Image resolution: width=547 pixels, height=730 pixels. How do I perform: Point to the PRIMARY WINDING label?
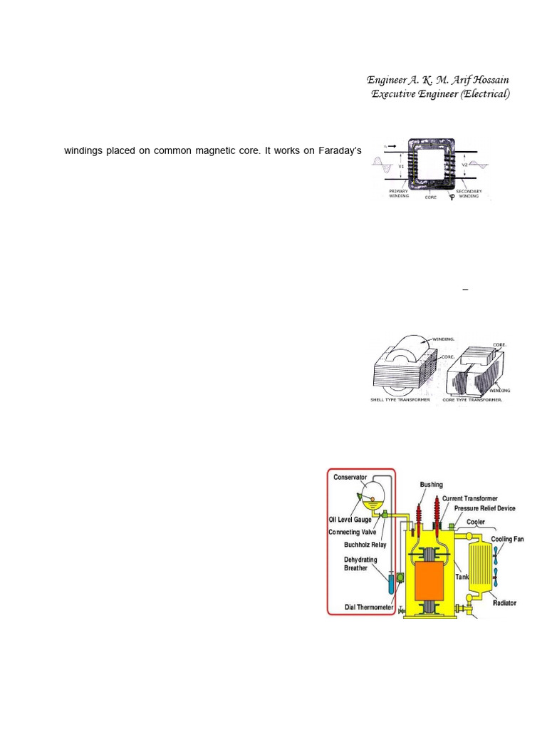click(x=399, y=193)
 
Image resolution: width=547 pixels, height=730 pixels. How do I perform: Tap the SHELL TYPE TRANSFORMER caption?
click(x=400, y=400)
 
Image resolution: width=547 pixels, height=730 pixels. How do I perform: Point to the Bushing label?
click(x=431, y=485)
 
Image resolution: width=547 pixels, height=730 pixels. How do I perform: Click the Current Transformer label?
click(x=469, y=498)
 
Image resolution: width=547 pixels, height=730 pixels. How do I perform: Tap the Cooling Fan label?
click(x=507, y=540)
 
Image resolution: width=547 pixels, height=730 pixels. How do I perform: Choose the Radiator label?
click(x=505, y=603)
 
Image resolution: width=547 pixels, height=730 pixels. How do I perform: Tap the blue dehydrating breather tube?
click(x=391, y=585)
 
